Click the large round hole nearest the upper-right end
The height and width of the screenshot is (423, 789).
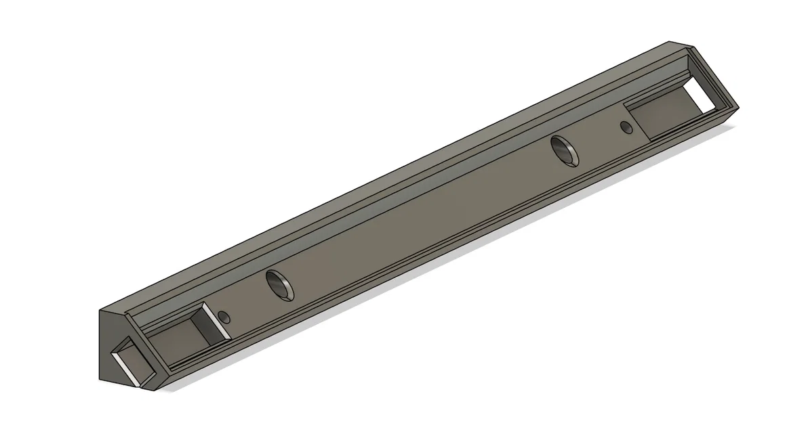tap(563, 149)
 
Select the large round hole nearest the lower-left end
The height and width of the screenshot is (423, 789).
tap(280, 284)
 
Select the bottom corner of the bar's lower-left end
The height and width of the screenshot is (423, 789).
tap(157, 391)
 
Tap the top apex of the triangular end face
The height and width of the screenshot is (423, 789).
tap(102, 311)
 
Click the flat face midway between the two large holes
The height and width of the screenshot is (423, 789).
tap(420, 217)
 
